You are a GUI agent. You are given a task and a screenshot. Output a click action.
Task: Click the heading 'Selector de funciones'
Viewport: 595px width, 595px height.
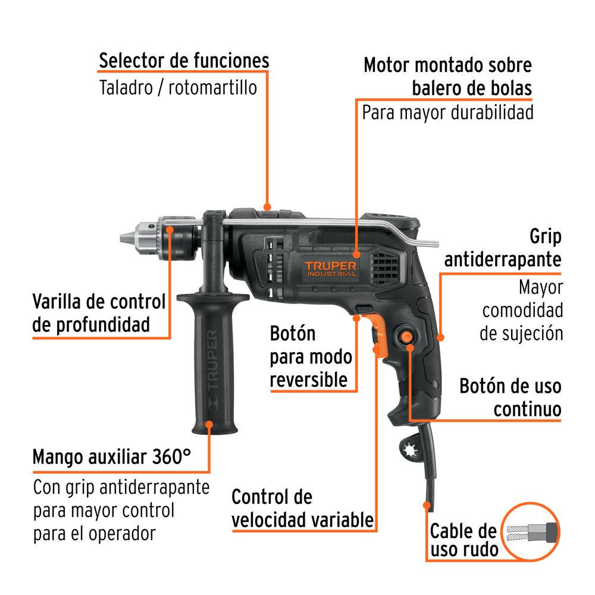184,61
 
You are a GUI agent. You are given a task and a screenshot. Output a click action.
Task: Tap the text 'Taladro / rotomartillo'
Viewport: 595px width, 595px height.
178,87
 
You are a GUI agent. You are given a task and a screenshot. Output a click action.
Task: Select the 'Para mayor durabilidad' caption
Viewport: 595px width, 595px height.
448,112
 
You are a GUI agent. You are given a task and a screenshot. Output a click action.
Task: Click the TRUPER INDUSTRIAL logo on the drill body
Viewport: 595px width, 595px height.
330,268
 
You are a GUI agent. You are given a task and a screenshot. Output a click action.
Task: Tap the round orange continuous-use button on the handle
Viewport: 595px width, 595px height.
406,337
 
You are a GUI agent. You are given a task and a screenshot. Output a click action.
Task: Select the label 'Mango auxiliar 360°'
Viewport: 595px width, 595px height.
112,457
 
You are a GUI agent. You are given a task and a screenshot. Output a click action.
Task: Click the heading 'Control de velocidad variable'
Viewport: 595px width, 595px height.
302,509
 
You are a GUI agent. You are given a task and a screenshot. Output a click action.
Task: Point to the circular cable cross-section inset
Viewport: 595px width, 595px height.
531,531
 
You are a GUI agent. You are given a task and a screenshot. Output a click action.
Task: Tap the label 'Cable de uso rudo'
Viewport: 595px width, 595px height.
464,540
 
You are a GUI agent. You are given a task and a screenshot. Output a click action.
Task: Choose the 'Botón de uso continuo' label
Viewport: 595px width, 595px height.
511,397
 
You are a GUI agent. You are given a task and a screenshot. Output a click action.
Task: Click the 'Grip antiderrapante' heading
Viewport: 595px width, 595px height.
503,248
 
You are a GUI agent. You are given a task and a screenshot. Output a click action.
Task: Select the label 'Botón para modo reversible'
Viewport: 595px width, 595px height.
311,356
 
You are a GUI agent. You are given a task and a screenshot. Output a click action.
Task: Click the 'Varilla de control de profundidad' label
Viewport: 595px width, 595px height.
99,313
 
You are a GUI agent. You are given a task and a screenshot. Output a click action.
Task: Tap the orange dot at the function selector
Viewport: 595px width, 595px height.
267,207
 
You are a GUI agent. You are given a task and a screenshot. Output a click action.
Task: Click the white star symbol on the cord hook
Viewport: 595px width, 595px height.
410,450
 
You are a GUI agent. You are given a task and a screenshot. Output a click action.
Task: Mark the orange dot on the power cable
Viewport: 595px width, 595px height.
427,505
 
